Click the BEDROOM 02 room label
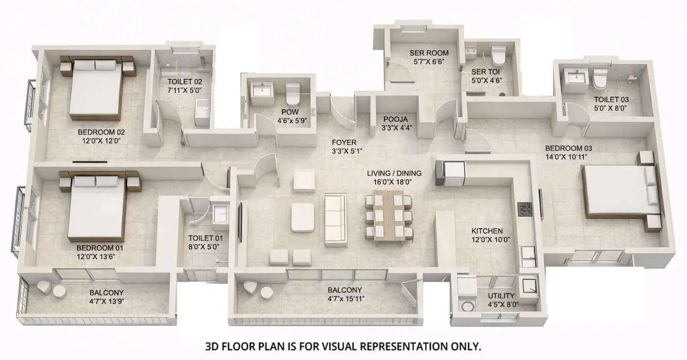click(102, 132)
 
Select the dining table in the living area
click(389, 216)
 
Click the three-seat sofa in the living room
click(336, 216)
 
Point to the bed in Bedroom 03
click(620, 192)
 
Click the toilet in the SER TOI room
click(498, 56)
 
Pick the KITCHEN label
click(487, 231)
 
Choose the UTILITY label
click(501, 296)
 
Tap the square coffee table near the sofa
click(302, 217)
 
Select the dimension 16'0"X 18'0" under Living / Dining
click(394, 182)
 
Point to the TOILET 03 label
click(610, 99)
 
